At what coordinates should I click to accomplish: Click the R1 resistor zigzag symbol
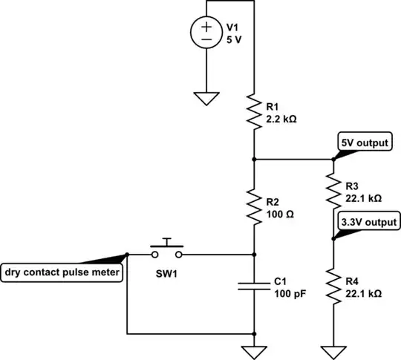pos(255,112)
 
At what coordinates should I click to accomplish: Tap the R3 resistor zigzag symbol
pos(332,192)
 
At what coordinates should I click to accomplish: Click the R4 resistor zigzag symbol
pos(332,288)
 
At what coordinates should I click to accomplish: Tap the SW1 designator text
pos(168,273)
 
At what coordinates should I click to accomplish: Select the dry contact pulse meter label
pos(62,272)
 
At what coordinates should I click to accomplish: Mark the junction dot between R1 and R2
pos(255,159)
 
